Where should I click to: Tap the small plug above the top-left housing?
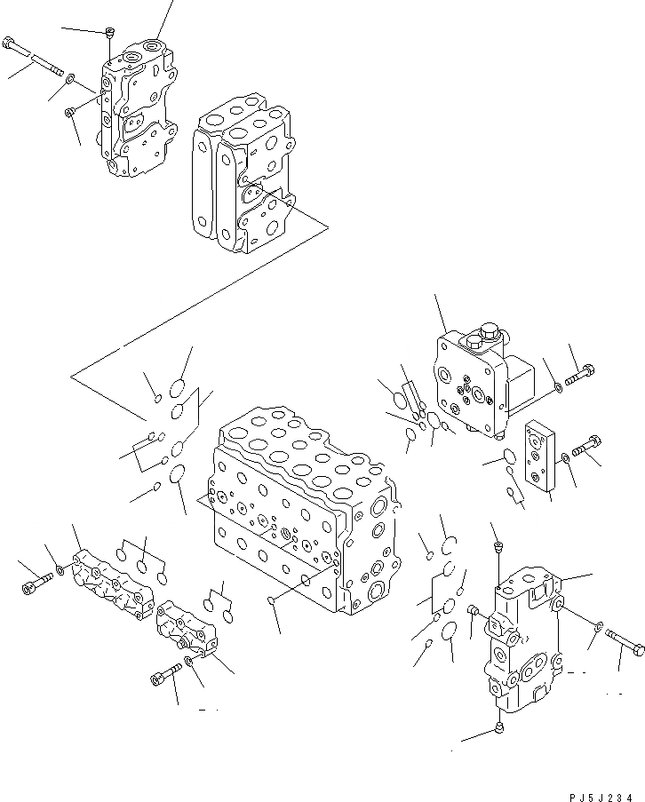(x=109, y=34)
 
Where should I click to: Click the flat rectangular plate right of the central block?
(x=540, y=454)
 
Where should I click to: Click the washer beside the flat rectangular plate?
(x=565, y=457)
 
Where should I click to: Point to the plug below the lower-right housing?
(x=499, y=729)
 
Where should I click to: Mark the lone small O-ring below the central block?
(x=271, y=605)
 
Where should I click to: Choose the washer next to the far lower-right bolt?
(x=597, y=627)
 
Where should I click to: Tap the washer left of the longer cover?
(x=60, y=568)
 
